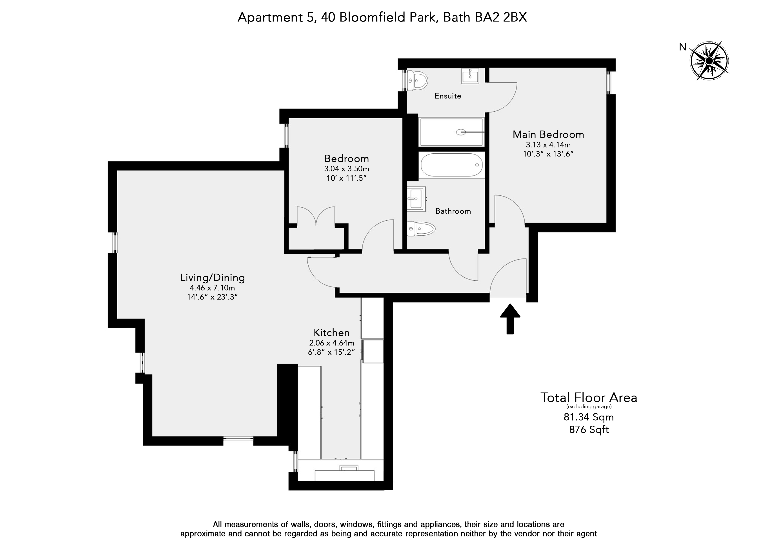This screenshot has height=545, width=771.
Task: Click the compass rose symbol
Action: click(709, 61)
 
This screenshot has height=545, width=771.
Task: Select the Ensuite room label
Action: click(448, 96)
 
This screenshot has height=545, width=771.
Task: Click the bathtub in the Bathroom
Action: click(451, 165)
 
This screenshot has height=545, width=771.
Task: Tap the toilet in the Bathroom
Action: click(421, 229)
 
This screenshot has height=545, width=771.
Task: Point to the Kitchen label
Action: click(331, 333)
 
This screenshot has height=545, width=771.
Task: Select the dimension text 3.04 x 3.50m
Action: click(347, 169)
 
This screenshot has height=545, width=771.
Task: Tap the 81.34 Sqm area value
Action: click(589, 417)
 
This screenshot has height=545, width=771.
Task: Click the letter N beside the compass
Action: click(683, 47)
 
